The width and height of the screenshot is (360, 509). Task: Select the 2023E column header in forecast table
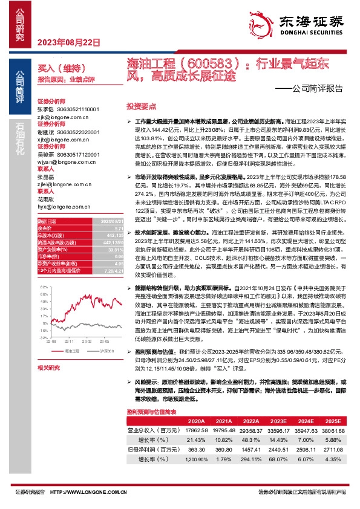(x=279, y=438)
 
